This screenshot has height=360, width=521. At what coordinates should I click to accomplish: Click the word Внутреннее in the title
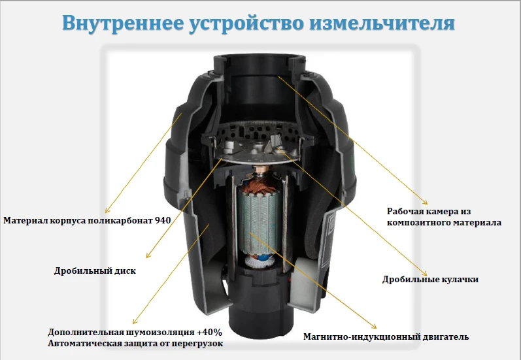123,23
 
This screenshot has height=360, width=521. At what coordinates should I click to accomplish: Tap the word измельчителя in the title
382,24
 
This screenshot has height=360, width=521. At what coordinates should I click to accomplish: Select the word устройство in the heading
246,24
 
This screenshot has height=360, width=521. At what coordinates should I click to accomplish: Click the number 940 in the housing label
163,220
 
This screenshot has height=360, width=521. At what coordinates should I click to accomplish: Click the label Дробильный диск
95,270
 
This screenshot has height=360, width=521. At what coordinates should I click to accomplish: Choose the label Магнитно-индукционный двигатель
386,336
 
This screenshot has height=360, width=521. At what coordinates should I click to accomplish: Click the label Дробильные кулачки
430,279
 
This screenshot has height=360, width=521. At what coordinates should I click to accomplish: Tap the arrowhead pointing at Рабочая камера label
426,203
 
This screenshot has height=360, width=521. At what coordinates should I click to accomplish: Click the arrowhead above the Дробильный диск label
148,255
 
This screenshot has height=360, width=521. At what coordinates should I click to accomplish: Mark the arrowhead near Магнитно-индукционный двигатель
374,327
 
